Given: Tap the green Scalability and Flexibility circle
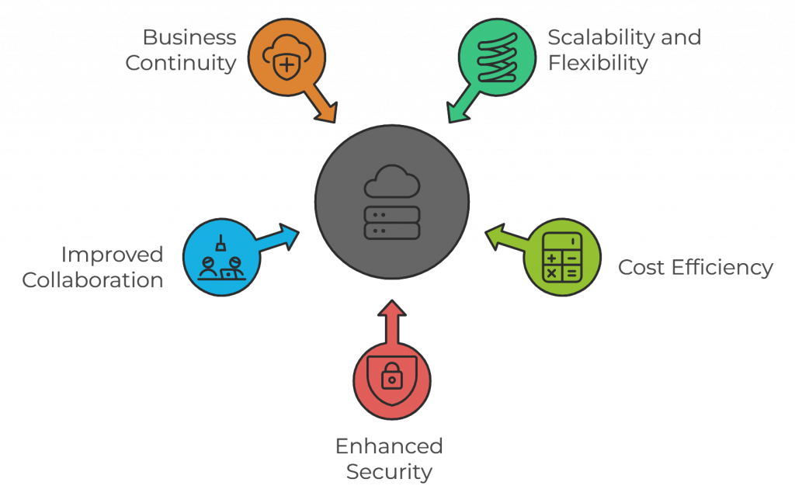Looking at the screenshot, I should tap(497, 57).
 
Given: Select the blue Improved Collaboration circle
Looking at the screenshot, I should tap(221, 257).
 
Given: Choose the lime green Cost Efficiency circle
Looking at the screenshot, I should tap(562, 257).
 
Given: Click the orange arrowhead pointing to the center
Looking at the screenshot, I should tap(327, 112).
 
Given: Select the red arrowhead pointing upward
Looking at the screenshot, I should tap(392, 308).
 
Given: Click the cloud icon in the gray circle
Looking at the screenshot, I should tap(392, 182).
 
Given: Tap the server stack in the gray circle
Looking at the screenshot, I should tap(392, 223).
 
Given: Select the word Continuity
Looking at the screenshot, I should tap(181, 63).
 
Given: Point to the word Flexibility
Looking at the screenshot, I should tap(597, 63).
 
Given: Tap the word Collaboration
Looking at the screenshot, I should tap(93, 280).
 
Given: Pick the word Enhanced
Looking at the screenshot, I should tap(389, 446).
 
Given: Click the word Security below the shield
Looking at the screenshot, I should tap(389, 471).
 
